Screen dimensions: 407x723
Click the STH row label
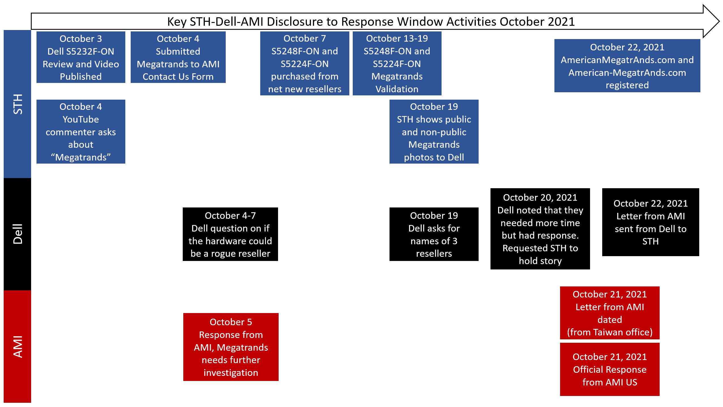tap(17, 104)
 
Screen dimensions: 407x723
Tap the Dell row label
tap(17, 234)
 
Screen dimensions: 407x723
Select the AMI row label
tap(17, 346)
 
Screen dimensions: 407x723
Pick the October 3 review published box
tap(81, 57)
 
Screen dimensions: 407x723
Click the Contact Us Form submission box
tap(178, 57)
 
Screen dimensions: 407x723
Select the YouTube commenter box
tap(81, 131)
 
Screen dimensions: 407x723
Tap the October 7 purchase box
tap(304, 63)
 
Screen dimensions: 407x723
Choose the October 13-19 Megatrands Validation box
tap(397, 63)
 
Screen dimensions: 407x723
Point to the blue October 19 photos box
tap(434, 131)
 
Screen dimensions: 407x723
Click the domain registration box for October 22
tap(627, 66)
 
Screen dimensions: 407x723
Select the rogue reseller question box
tap(230, 234)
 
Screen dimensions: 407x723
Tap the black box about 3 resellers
tap(434, 234)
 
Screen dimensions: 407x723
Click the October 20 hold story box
tap(540, 229)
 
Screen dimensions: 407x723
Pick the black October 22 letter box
tap(650, 222)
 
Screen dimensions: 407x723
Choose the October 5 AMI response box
tap(231, 347)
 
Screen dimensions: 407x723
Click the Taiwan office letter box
tap(609, 313)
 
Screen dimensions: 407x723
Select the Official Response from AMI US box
tap(609, 369)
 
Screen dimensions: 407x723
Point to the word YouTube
tap(81, 119)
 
